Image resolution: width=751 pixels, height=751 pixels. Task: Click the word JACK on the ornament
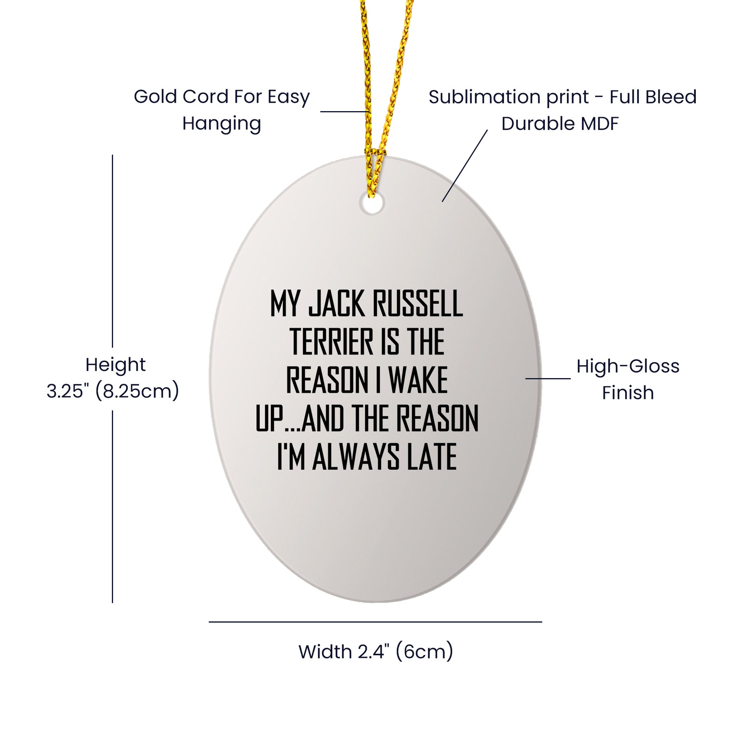pos(337,304)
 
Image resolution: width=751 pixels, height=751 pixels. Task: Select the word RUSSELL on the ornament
pos(418,304)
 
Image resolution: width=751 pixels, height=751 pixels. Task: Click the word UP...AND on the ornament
pos(299,419)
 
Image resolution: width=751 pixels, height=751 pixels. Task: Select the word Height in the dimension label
pos(115,365)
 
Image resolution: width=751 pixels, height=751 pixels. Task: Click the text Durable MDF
pos(560,123)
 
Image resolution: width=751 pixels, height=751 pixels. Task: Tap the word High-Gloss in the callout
pos(628,367)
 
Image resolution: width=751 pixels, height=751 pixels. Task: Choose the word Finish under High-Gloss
pos(628,392)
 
